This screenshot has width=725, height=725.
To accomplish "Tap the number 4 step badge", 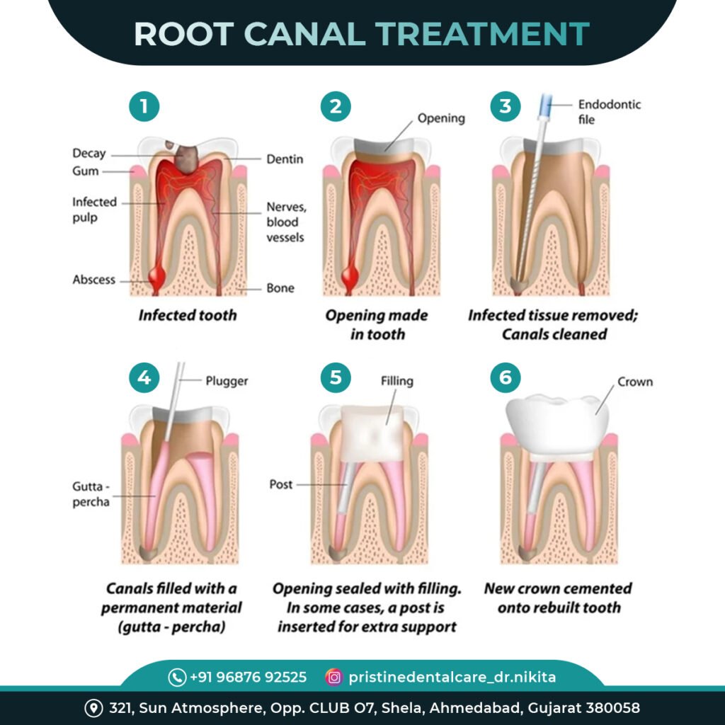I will click(144, 377).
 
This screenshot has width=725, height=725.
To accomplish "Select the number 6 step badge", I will click(505, 377).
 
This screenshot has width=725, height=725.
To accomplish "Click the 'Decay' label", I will click(89, 154).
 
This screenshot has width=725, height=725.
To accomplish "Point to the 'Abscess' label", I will click(93, 280).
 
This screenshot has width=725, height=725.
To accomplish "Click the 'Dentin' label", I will click(285, 159).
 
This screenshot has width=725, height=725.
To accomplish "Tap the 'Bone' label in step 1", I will click(280, 288).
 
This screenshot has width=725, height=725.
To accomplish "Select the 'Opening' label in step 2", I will click(440, 118).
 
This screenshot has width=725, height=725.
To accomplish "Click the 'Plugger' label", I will click(227, 381).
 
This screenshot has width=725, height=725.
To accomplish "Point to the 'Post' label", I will click(280, 485).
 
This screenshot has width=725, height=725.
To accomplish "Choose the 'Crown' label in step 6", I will click(635, 382).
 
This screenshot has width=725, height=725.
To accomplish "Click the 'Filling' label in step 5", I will click(396, 381).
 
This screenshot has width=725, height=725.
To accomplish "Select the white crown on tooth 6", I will click(556, 425).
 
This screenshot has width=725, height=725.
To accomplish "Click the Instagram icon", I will click(333, 677).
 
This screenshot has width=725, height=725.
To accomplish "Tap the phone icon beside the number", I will click(177, 678).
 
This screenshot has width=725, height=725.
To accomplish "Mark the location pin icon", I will click(93, 708).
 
